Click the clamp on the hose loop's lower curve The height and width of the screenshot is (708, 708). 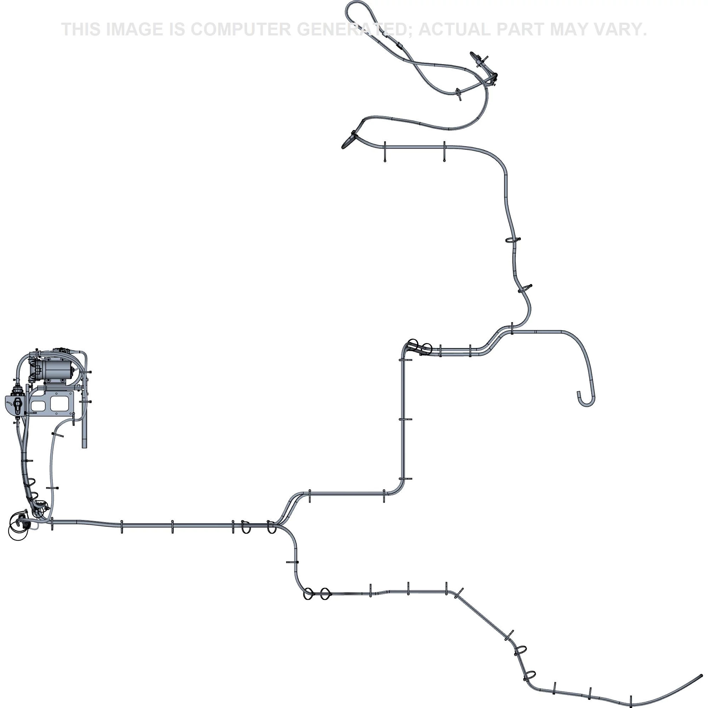click(458, 94)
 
